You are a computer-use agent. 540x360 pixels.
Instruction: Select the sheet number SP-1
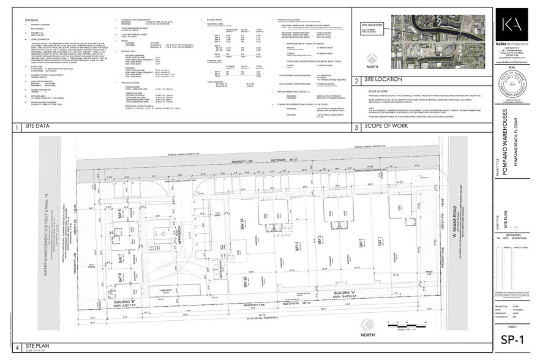tap(515, 340)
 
